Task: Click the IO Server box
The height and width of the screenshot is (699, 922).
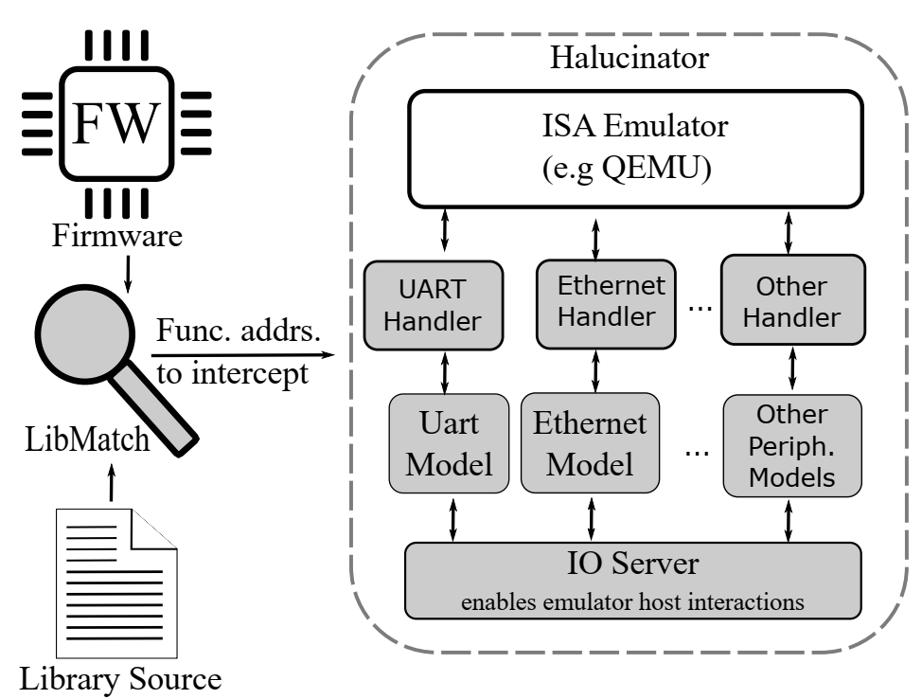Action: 632,580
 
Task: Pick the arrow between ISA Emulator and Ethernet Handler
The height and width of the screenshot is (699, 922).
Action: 594,238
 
